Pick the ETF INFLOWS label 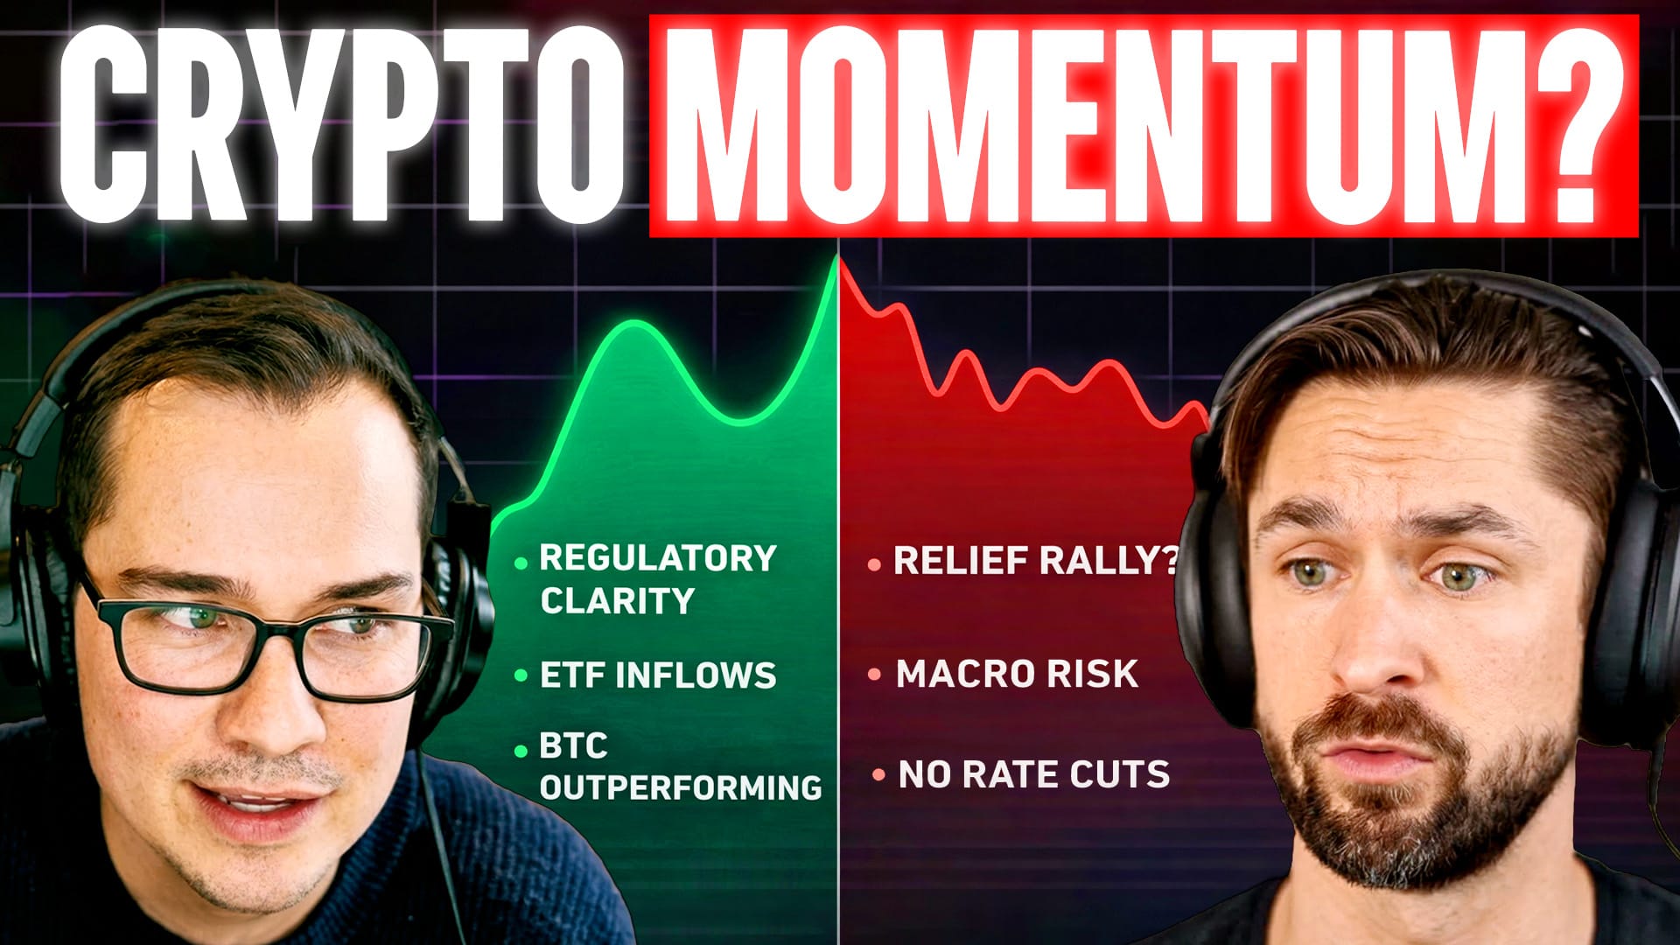click(x=658, y=675)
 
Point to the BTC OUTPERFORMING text click(x=680, y=767)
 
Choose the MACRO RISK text click(x=1018, y=674)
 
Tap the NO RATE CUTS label click(x=1033, y=774)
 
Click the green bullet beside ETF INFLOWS click(x=521, y=675)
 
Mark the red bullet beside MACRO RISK click(x=874, y=675)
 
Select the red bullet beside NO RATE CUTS click(x=878, y=775)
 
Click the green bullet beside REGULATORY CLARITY click(x=521, y=563)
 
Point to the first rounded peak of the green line click(x=628, y=324)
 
